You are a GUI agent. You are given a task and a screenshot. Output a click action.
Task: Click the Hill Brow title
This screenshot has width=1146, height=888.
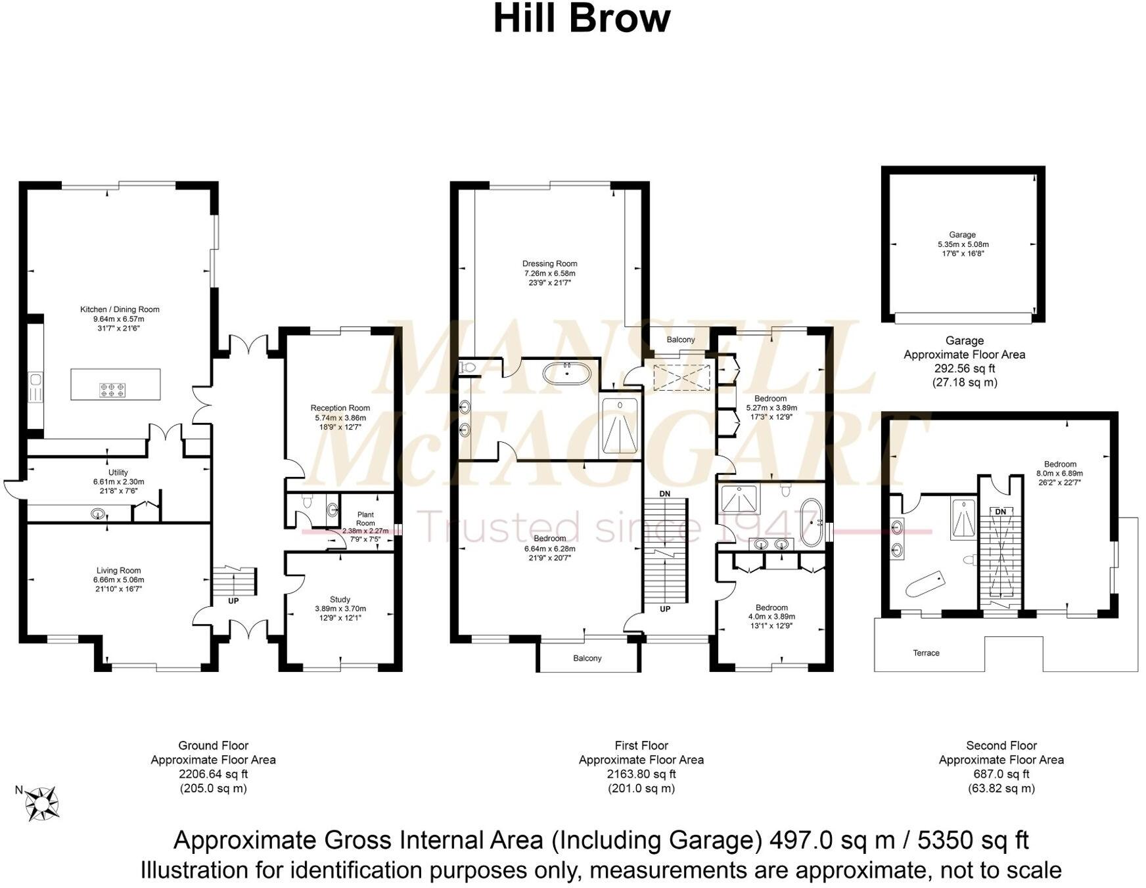[582, 19]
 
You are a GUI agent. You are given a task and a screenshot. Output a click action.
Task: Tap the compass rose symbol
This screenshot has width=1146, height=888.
[43, 803]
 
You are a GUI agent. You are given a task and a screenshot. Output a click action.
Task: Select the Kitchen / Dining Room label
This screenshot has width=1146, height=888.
[120, 309]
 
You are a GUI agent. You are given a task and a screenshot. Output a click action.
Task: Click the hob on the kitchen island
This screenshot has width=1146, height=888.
[112, 390]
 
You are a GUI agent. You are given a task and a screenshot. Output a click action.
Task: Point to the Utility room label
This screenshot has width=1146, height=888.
[118, 472]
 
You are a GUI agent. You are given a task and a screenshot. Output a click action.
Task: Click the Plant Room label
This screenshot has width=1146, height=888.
[365, 519]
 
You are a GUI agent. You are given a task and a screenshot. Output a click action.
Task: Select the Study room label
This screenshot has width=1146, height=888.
[340, 599]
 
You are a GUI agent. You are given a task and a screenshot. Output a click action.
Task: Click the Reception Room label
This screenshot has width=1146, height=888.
[340, 408]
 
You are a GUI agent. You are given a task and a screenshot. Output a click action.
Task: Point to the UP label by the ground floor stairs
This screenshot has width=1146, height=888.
[233, 601]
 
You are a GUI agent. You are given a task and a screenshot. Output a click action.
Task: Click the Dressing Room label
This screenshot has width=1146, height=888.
[549, 263]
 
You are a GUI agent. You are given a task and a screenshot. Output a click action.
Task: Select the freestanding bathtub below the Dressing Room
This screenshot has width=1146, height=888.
[566, 374]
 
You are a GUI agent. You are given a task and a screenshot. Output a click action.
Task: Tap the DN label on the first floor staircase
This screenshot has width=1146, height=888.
[664, 493]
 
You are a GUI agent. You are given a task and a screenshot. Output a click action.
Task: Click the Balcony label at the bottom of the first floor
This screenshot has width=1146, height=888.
[587, 658]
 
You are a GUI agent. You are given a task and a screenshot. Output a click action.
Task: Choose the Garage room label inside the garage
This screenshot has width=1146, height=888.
[962, 234]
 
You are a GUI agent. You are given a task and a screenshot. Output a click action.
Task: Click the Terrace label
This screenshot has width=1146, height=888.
[926, 653]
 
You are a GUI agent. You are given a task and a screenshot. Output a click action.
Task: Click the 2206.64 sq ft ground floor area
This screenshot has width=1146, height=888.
[214, 774]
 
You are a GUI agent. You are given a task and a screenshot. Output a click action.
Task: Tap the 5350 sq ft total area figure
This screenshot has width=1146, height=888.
[973, 840]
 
